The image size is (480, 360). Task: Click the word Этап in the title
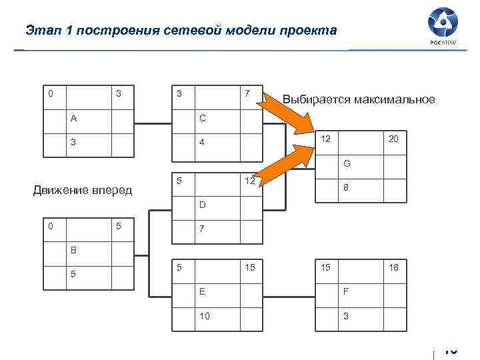41,31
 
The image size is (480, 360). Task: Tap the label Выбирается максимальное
359,100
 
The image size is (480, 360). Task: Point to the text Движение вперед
83,191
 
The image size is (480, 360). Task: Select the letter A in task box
74,119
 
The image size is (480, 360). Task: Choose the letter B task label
74,251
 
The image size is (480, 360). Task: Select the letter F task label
345,291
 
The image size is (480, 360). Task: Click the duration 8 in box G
346,189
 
